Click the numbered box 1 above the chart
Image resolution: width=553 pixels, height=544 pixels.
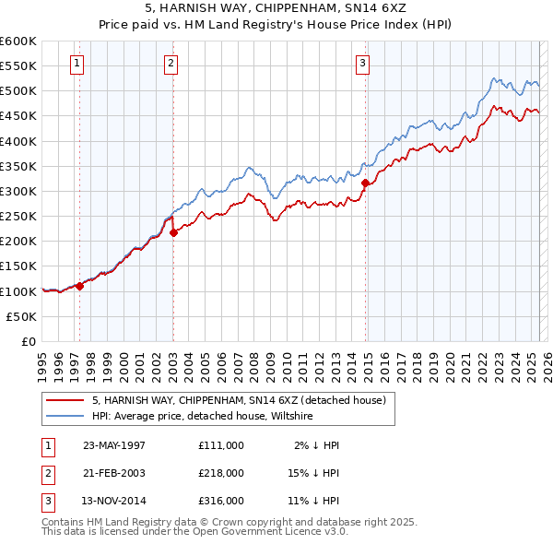(x=76, y=64)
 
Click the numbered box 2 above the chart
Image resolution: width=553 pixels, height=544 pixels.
(x=171, y=64)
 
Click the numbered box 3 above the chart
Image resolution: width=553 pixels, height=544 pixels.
(x=362, y=64)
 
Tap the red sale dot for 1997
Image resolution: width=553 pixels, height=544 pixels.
(x=80, y=286)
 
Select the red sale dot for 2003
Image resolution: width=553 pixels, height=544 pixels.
(x=173, y=232)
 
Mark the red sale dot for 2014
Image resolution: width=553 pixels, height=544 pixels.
(x=365, y=183)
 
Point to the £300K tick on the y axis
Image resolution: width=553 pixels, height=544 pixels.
(x=18, y=191)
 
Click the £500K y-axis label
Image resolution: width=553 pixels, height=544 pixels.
(x=18, y=91)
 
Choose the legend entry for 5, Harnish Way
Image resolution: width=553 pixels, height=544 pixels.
(x=243, y=400)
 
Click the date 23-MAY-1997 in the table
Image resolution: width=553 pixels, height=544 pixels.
(x=114, y=445)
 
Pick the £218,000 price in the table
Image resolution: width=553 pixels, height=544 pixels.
(x=221, y=473)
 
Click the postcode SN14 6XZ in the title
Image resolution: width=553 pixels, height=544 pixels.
(x=375, y=7)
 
